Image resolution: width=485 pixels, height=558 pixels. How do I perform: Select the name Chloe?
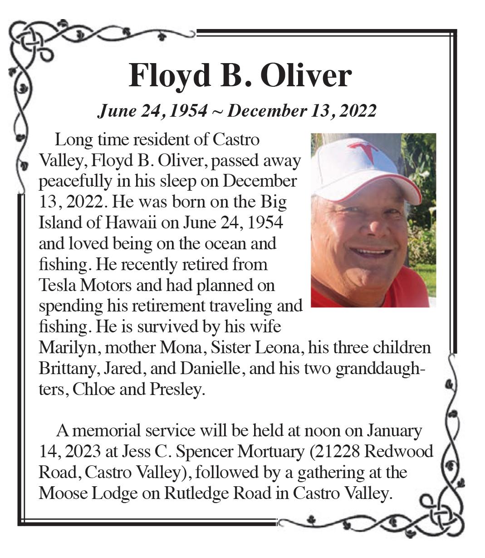click(93, 389)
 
